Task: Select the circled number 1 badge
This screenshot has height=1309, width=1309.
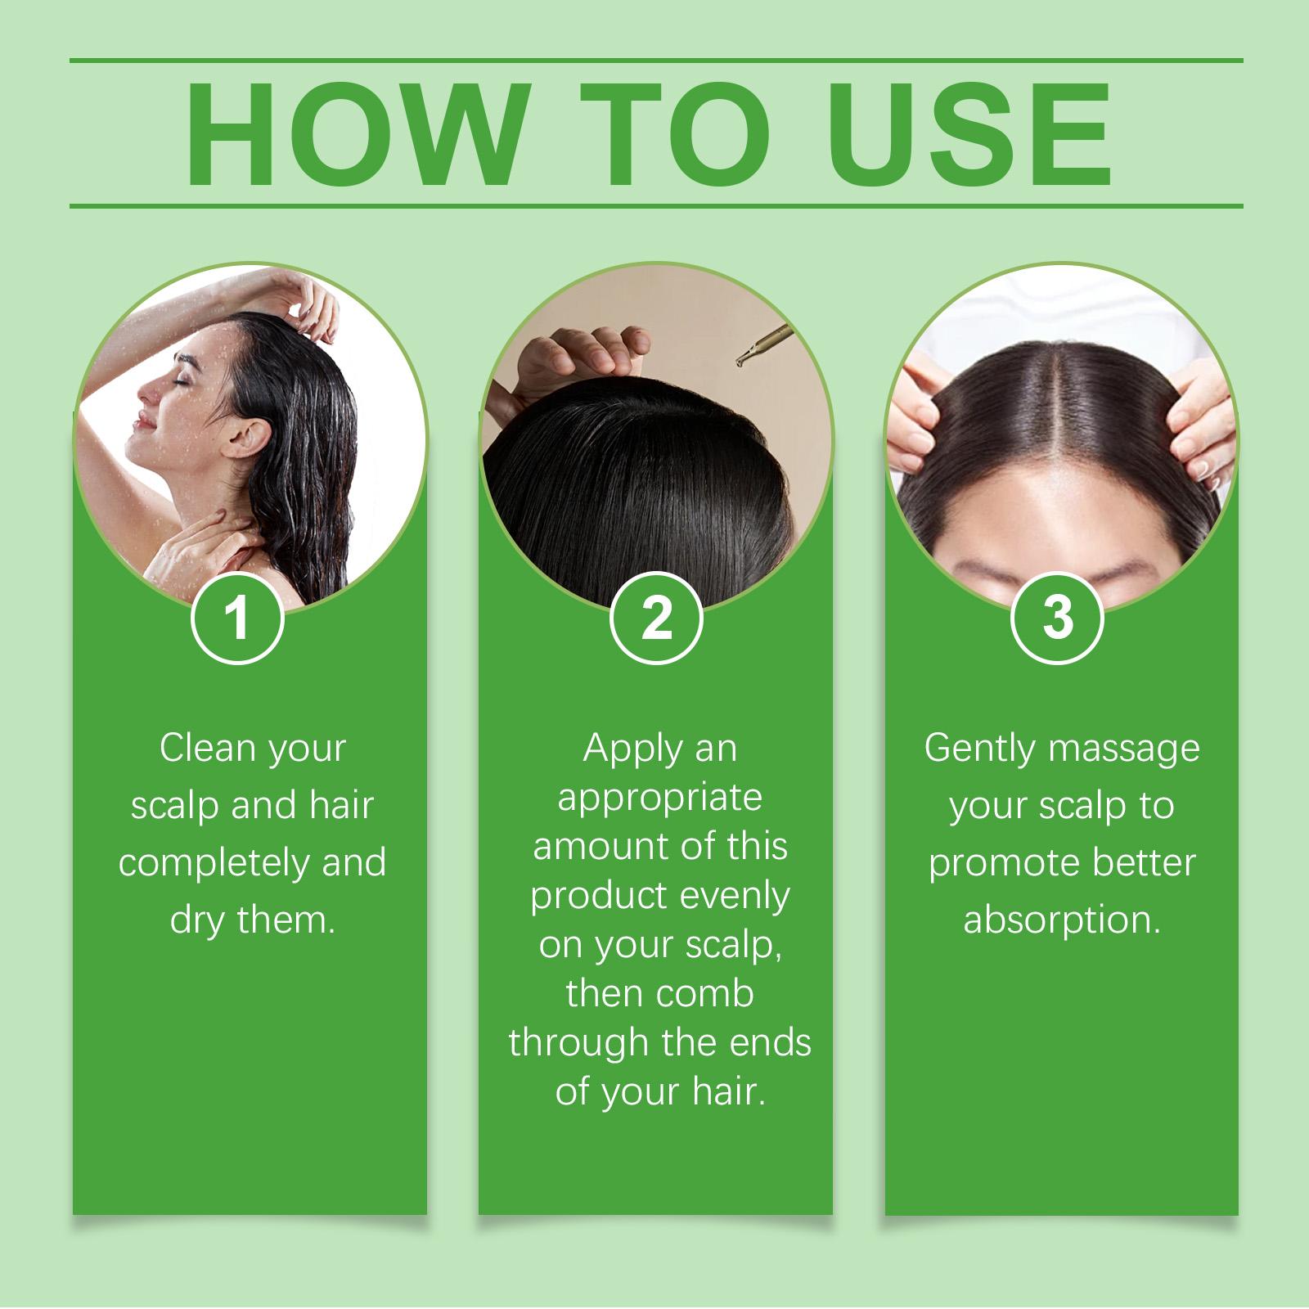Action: pos(237,619)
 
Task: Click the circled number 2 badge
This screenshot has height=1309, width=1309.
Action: pos(656,619)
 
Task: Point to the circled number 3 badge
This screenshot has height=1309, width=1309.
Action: pos(1058,619)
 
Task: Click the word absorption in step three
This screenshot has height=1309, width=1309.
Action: pos(1062,921)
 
